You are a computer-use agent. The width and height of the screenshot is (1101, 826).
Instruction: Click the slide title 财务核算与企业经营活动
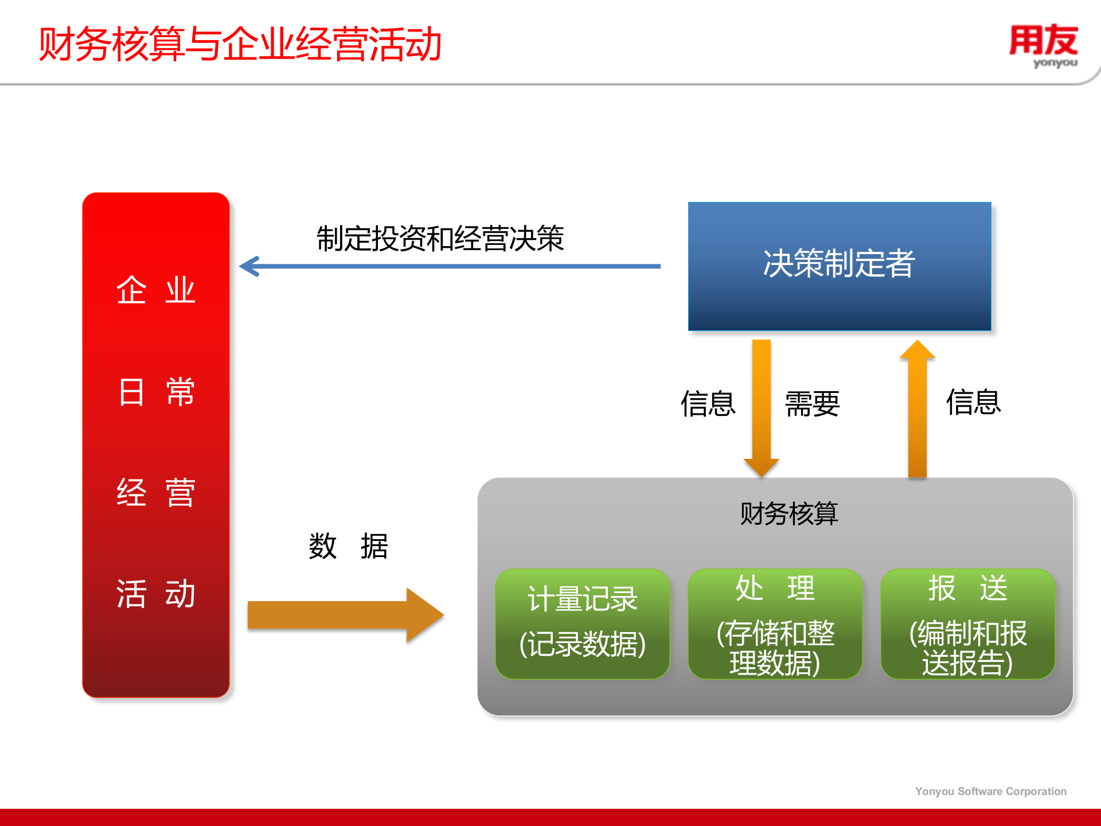(240, 45)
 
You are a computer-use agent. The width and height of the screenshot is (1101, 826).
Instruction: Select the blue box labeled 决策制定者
(839, 266)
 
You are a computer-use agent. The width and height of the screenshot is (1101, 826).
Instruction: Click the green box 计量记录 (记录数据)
(582, 623)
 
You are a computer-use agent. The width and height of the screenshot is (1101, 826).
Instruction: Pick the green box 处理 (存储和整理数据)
(775, 623)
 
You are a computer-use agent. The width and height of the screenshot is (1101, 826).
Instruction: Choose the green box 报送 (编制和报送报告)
(967, 623)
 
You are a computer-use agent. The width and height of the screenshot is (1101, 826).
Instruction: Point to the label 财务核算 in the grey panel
(788, 513)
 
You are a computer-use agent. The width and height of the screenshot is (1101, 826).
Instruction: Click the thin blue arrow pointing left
(450, 266)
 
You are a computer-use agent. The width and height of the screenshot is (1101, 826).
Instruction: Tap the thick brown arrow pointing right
(344, 615)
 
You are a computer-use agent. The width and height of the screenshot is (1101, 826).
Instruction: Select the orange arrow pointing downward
(761, 407)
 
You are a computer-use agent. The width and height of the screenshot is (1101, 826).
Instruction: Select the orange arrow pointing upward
(917, 407)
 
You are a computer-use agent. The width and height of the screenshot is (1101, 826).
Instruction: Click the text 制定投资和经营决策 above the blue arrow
(440, 239)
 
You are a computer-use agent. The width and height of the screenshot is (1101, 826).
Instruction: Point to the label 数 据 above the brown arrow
(348, 546)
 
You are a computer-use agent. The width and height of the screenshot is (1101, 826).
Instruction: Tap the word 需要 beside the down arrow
(812, 404)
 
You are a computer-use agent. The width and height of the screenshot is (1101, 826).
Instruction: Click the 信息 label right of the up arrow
(973, 402)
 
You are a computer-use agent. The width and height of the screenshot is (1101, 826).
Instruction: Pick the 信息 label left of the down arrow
(708, 404)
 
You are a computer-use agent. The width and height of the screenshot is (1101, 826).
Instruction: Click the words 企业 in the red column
(155, 290)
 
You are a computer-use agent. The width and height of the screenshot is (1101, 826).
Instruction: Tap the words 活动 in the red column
(155, 593)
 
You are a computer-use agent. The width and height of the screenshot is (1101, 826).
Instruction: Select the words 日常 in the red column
(155, 392)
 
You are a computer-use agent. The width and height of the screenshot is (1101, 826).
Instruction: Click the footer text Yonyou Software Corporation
(990, 791)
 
